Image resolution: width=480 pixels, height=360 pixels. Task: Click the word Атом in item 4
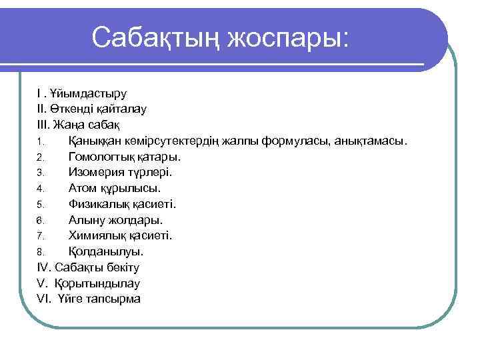coord(83,188)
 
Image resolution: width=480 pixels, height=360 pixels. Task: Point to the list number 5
coord(40,205)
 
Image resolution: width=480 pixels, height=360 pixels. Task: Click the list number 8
coord(40,252)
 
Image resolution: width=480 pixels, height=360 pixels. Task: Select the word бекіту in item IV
coord(120,267)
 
